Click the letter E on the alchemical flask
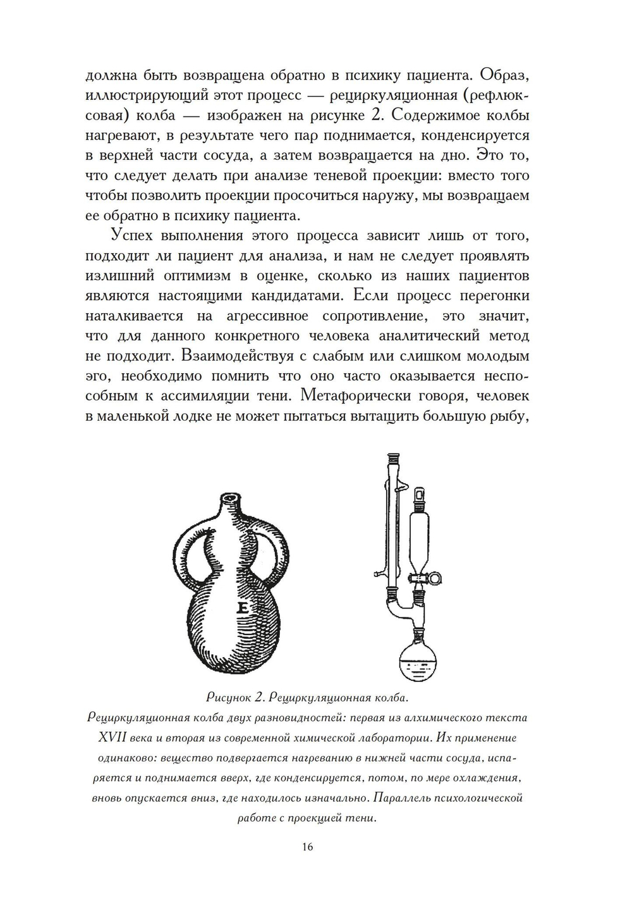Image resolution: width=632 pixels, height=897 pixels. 243,609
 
